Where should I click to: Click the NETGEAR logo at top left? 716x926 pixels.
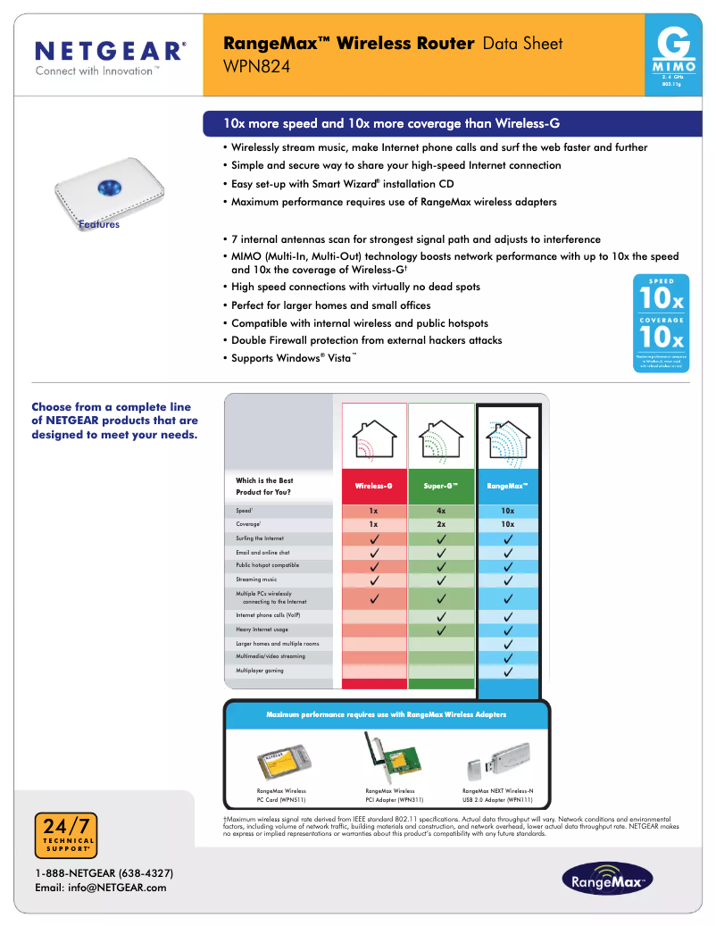110,56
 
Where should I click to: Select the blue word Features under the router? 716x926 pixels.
98,225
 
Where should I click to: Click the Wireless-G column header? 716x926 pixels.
374,487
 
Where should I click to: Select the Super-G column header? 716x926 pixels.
441,487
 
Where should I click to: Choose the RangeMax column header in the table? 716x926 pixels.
507,487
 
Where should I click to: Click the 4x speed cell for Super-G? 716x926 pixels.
441,511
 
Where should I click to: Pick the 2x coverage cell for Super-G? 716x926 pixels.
441,524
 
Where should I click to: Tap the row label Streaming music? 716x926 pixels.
256,580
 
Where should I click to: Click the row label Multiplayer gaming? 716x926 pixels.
260,670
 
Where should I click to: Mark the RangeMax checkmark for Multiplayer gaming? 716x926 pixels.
507,671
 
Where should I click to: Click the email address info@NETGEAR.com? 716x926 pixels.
100,888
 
